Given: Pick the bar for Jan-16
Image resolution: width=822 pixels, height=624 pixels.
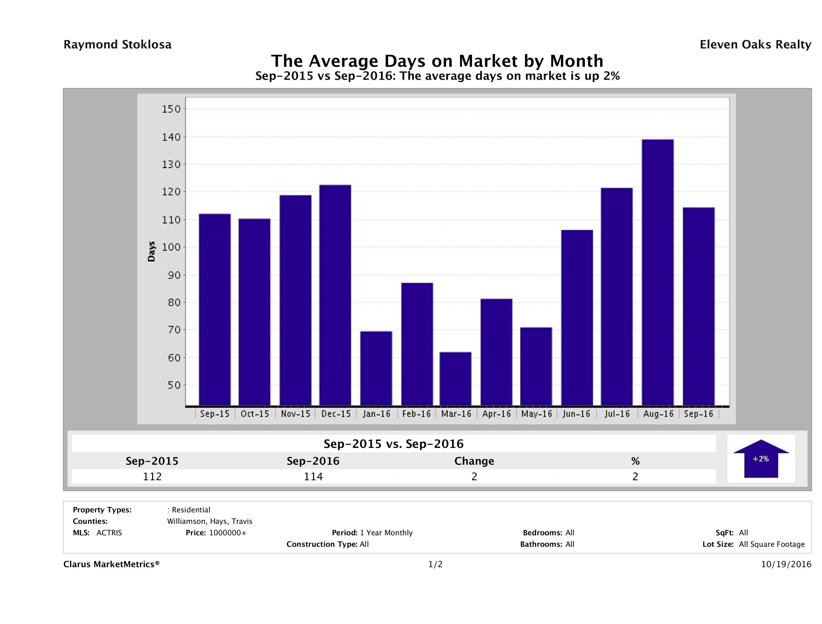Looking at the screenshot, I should (376, 368).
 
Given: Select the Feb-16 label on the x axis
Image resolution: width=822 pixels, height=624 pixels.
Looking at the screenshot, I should (416, 414).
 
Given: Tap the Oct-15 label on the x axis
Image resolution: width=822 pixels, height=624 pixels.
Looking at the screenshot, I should (254, 414).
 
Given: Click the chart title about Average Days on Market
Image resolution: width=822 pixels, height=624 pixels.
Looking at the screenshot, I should (437, 61).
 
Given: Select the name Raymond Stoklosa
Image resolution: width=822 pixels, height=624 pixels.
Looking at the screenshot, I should (117, 45).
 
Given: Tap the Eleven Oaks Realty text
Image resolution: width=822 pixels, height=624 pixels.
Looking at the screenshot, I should (755, 45).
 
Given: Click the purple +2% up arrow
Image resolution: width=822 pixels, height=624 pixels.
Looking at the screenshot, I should (761, 459).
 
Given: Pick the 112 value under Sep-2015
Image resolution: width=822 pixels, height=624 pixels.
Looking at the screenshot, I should (152, 476).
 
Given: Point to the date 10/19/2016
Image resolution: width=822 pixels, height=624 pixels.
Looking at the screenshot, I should (786, 564).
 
